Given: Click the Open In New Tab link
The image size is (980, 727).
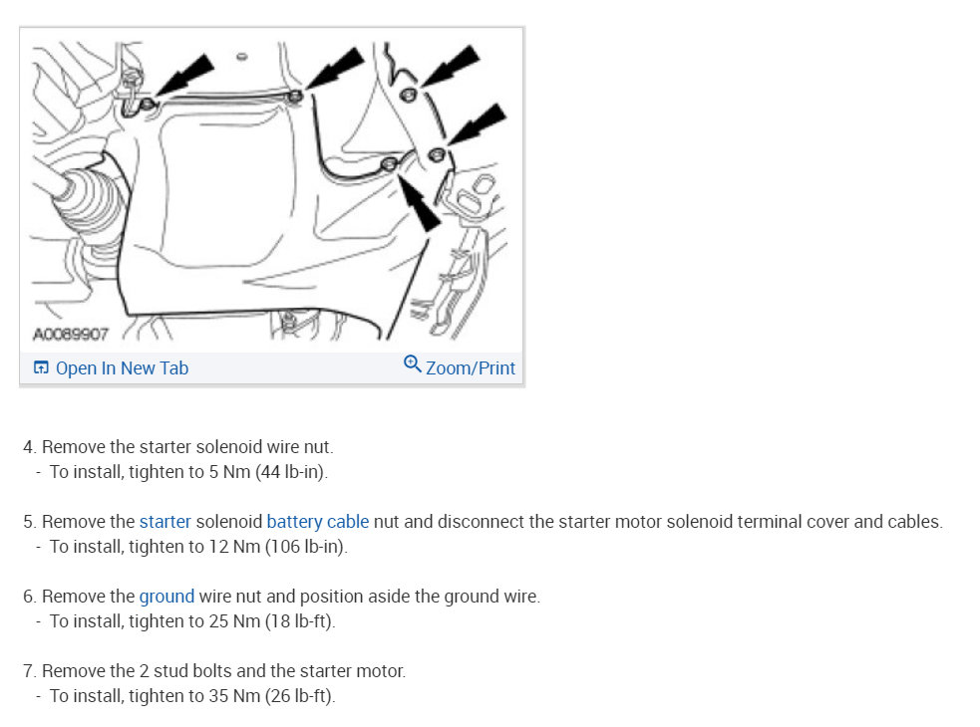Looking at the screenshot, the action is [x=122, y=368].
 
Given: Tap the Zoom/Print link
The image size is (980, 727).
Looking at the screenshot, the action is [x=471, y=368].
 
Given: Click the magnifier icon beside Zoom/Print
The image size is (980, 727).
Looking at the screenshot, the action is [x=413, y=363].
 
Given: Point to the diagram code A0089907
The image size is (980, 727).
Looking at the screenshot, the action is [x=71, y=335].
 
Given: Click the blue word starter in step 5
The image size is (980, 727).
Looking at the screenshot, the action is [x=165, y=522].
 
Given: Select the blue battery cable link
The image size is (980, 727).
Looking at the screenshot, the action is [x=317, y=522].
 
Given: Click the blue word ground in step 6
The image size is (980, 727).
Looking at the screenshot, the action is [x=166, y=598].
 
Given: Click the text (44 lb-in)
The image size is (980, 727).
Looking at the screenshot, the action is [x=291, y=472].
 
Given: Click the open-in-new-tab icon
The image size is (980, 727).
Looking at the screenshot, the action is [x=41, y=367].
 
